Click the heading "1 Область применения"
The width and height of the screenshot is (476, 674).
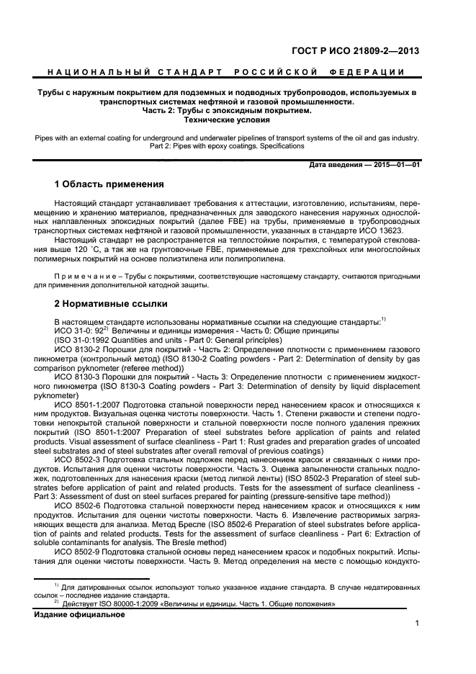tap(109, 184)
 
